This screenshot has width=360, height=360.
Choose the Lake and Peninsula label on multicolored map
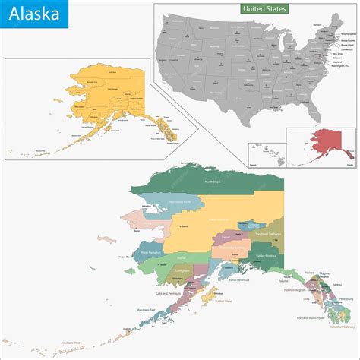click(x=169, y=292)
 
